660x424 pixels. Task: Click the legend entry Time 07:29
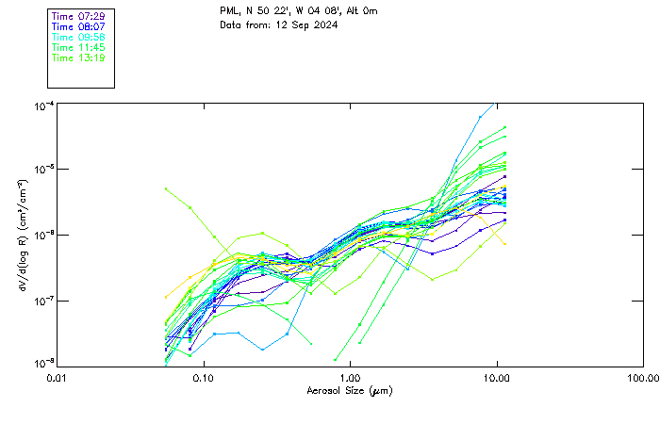[78, 17]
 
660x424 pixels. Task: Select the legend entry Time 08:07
[78, 27]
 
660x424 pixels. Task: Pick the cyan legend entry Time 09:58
[78, 38]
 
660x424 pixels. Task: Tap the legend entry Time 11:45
[78, 48]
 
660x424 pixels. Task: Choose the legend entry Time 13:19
[78, 58]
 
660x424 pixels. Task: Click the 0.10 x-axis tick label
[203, 378]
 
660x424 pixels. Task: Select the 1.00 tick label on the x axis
[350, 378]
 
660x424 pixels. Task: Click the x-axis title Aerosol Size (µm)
[350, 391]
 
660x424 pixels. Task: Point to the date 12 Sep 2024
[307, 24]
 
